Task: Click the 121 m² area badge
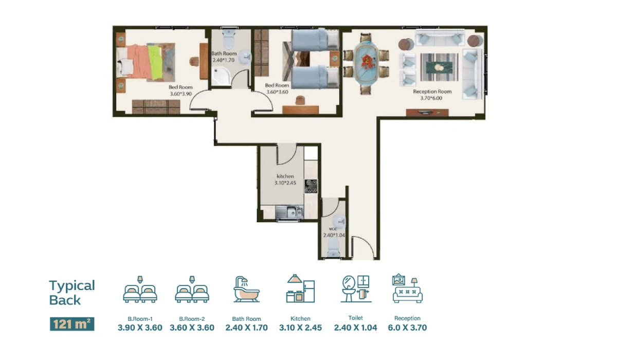point(72,324)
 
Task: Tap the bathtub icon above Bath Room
point(246,289)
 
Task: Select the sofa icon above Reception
point(407,289)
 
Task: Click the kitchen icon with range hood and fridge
point(300,289)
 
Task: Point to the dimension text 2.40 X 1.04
point(355,328)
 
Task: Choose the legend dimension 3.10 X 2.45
point(300,328)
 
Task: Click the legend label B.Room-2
point(192,319)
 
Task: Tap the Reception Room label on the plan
point(432,92)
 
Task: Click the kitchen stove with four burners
point(311,186)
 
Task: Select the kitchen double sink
point(289,212)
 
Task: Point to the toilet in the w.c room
point(333,248)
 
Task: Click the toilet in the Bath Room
point(229,39)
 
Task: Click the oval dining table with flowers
point(366,63)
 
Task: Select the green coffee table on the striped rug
point(439,67)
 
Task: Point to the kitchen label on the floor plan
point(285,176)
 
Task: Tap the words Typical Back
point(72,293)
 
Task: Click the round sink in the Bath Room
point(245,57)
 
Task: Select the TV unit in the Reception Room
point(427,113)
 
